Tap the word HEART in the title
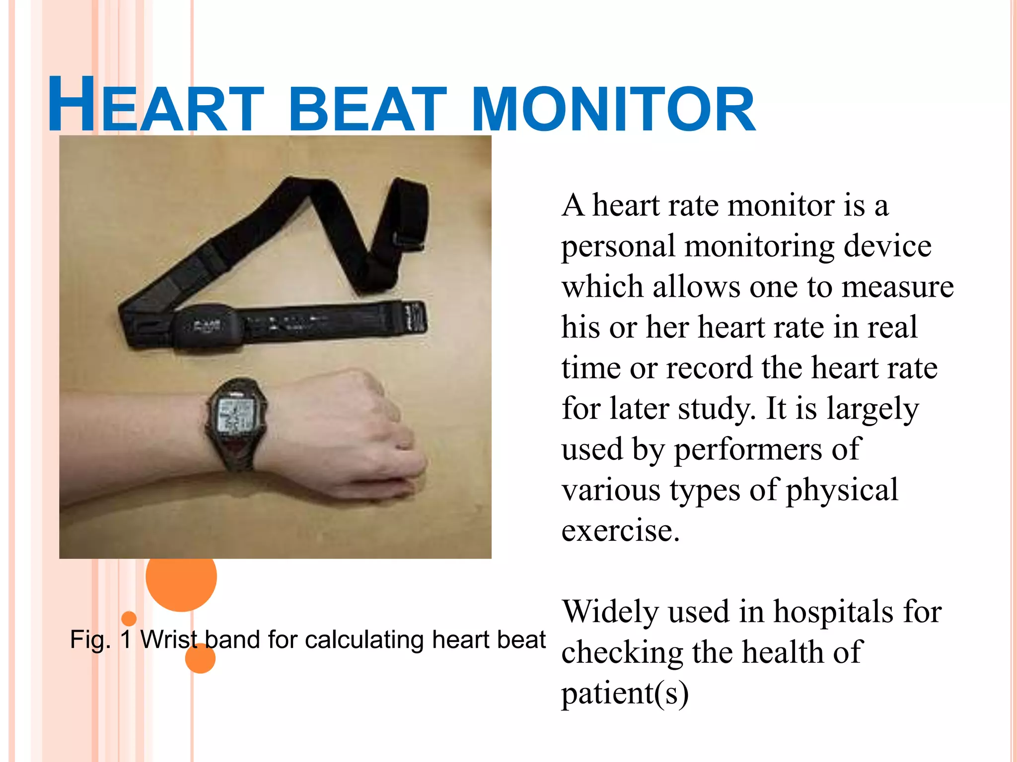tap(155, 107)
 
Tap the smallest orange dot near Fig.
tap(129, 618)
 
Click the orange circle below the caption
tap(200, 659)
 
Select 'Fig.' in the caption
tap(90, 639)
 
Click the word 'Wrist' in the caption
tap(169, 639)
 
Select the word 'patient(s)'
tap(625, 693)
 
